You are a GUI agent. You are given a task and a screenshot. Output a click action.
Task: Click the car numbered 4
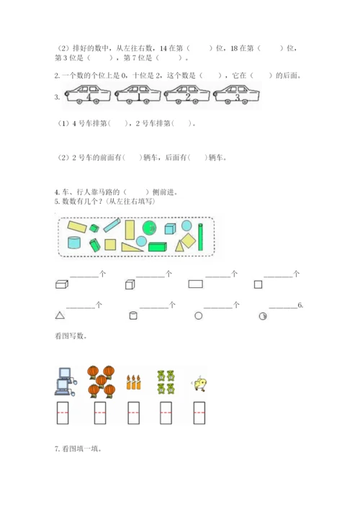click(88, 94)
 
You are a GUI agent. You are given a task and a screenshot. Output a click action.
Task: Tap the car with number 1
click(138, 94)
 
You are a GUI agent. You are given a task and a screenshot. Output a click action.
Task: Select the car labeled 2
click(187, 94)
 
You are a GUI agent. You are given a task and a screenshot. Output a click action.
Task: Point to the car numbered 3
click(236, 94)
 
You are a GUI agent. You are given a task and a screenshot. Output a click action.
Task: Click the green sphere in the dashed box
click(149, 228)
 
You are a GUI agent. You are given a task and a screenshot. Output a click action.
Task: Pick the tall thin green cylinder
click(200, 237)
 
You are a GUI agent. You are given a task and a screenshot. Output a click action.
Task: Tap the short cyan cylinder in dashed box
click(74, 243)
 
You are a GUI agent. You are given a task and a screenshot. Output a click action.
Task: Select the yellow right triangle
click(132, 247)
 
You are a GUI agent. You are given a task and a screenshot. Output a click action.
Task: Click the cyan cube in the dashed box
click(170, 228)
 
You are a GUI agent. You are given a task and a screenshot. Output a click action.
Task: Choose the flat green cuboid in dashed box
click(158, 247)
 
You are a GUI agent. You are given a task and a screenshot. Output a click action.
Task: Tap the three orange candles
click(133, 382)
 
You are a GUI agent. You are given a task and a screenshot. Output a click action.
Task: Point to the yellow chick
click(200, 384)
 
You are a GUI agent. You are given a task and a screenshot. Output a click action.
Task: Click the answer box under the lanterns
click(100, 413)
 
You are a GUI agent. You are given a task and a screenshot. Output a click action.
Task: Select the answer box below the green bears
click(166, 413)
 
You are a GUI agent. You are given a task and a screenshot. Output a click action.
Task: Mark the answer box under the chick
click(199, 413)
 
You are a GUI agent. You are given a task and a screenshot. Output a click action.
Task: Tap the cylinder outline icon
click(133, 315)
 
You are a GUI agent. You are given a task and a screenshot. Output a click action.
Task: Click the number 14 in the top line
click(163, 48)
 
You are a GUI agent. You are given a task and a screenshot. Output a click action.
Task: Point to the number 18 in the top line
click(234, 48)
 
